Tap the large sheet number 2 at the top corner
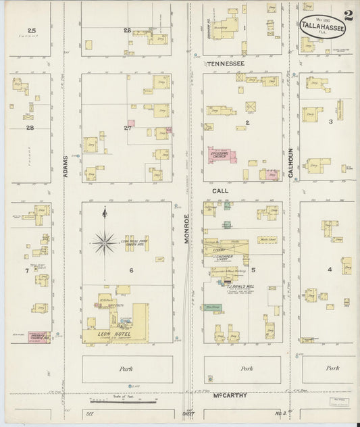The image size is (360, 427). point(348,15)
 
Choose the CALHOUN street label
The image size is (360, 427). point(291,162)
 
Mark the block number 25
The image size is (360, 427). point(31,30)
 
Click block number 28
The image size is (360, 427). point(30,127)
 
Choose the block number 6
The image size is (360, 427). point(124,271)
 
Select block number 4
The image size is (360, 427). point(330,270)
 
